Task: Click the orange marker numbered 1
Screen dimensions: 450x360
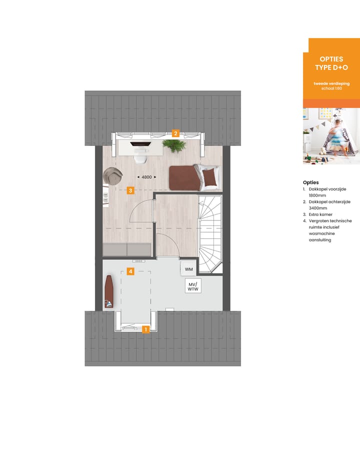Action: click(145, 329)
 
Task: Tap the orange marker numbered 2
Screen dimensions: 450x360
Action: click(175, 133)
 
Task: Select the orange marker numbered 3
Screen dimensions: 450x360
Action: click(130, 190)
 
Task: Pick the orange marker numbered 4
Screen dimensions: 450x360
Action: click(130, 271)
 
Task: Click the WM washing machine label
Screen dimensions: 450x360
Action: click(188, 269)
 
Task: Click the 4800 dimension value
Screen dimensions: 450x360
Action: click(146, 177)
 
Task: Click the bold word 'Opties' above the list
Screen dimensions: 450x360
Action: click(310, 182)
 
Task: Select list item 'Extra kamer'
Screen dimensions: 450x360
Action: click(320, 214)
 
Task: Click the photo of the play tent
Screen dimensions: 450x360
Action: click(331, 136)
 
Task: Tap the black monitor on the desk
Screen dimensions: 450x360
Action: click(139, 143)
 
